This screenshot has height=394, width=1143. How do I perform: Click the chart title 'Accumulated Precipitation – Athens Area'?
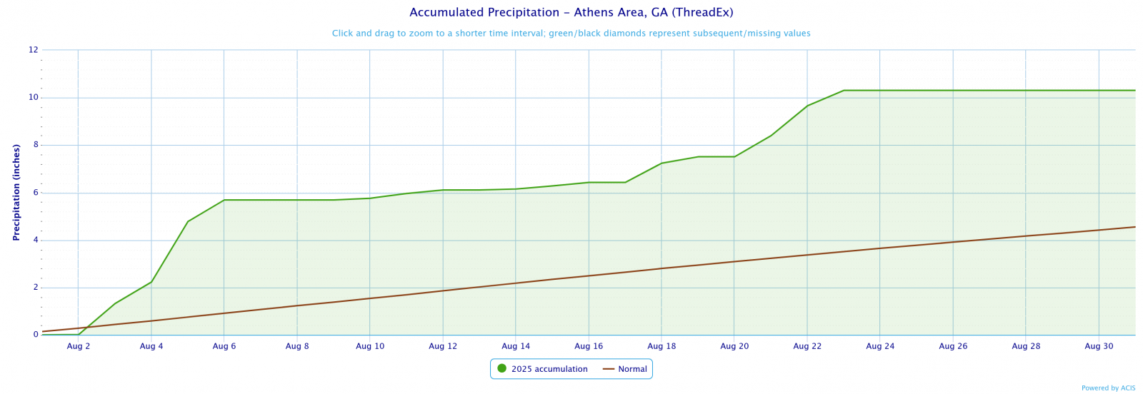pyautogui.click(x=571, y=13)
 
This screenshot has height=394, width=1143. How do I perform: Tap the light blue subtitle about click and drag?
pyautogui.click(x=571, y=34)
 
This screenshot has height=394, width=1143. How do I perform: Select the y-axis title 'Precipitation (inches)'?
pyautogui.click(x=16, y=193)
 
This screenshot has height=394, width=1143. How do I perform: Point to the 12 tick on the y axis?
pyautogui.click(x=34, y=50)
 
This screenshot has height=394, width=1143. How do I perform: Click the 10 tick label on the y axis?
pyautogui.click(x=34, y=98)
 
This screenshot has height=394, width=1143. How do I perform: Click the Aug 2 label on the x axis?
pyautogui.click(x=79, y=346)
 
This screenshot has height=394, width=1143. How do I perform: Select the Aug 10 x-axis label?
pyautogui.click(x=369, y=346)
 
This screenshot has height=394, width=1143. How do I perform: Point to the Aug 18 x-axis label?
pyautogui.click(x=661, y=346)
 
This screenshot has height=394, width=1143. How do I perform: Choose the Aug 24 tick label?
pyautogui.click(x=879, y=346)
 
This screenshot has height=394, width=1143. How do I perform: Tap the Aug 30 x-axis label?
pyautogui.click(x=1098, y=346)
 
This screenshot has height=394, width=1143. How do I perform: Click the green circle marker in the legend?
pyautogui.click(x=501, y=369)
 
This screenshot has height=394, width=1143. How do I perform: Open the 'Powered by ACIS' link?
pyautogui.click(x=1108, y=388)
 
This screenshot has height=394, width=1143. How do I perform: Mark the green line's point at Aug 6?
pyautogui.click(x=224, y=200)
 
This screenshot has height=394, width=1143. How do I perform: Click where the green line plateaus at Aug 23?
pyautogui.click(x=844, y=91)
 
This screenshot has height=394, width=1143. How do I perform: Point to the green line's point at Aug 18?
pyautogui.click(x=662, y=163)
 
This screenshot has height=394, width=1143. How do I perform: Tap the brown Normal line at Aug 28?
pyautogui.click(x=1026, y=236)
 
